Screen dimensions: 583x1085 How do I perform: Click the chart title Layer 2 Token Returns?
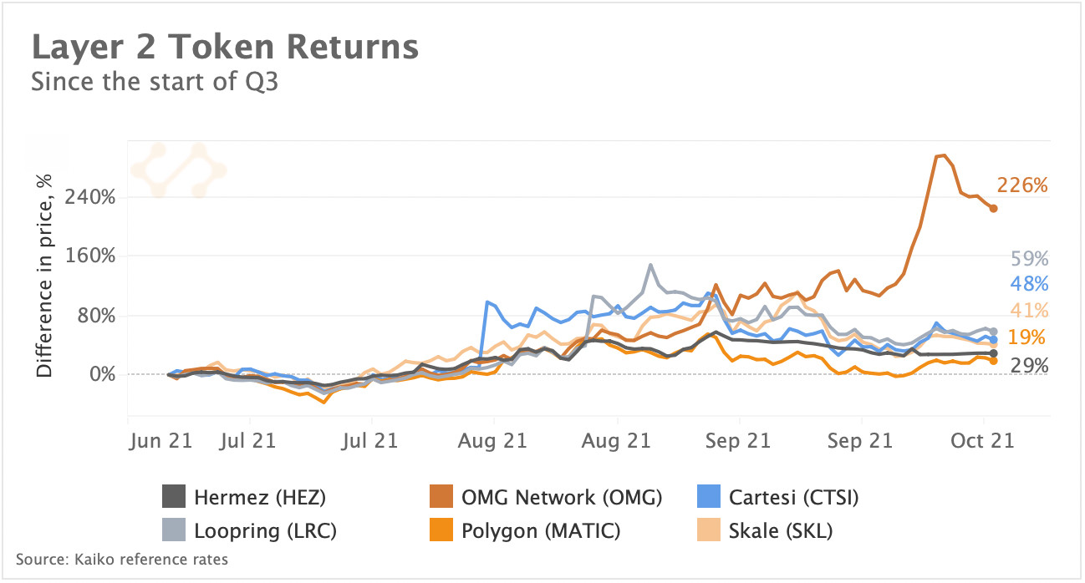click(x=225, y=48)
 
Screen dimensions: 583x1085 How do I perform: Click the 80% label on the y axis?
click(x=95, y=316)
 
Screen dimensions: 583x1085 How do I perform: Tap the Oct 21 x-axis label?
click(x=983, y=440)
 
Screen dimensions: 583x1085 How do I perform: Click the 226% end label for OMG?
click(x=1021, y=185)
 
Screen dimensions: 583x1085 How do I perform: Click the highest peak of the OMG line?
click(x=942, y=155)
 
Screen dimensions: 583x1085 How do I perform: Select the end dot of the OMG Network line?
click(x=993, y=208)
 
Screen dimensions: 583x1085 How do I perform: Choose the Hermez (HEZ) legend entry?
click(x=242, y=499)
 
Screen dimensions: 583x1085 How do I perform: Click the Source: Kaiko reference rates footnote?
click(x=121, y=559)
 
